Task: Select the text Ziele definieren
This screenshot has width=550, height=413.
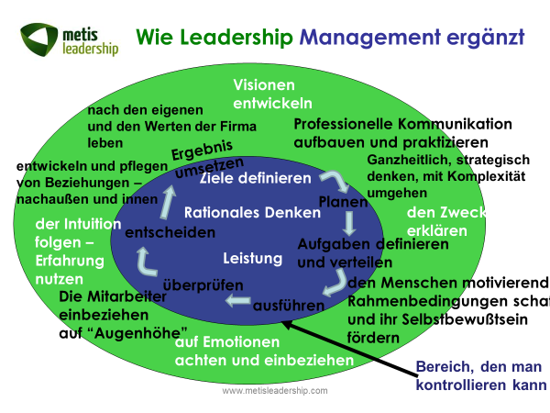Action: point(255,177)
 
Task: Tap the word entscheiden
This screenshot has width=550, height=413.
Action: point(170,232)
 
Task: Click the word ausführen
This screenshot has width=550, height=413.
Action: point(285,303)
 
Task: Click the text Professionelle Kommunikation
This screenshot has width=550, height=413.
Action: point(402,123)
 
